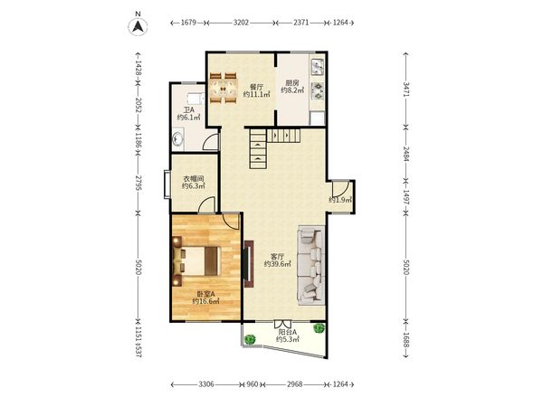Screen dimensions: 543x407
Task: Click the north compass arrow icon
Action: (138, 26)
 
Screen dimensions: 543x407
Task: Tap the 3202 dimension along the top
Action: (241, 23)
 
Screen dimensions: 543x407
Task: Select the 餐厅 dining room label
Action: (256, 87)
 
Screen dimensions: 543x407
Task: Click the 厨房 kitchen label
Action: (292, 83)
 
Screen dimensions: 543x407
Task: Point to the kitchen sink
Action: (318, 67)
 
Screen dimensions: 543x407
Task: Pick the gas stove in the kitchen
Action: (318, 91)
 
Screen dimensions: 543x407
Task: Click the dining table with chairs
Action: (224, 88)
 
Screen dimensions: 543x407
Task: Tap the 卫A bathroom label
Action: (189, 110)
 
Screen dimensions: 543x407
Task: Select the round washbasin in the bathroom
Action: (177, 139)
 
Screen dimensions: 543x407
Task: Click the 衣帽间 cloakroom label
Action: (194, 179)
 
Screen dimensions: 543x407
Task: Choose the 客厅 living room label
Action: (278, 257)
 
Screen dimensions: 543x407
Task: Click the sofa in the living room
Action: (311, 265)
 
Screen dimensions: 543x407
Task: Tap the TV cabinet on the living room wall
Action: (249, 264)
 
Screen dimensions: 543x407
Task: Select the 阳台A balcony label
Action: (288, 332)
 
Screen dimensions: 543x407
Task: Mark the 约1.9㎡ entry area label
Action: (340, 200)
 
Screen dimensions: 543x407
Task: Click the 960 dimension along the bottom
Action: (252, 384)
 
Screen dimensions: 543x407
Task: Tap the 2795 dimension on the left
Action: (138, 183)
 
